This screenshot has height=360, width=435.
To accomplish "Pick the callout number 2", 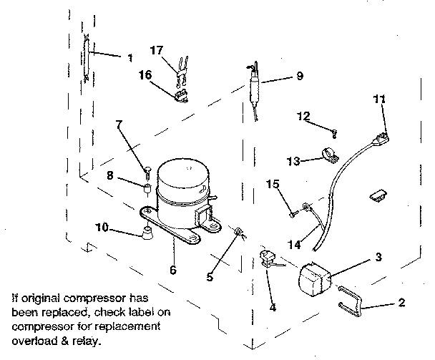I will (401, 303).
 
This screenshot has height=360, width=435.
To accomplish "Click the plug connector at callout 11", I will (386, 138).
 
